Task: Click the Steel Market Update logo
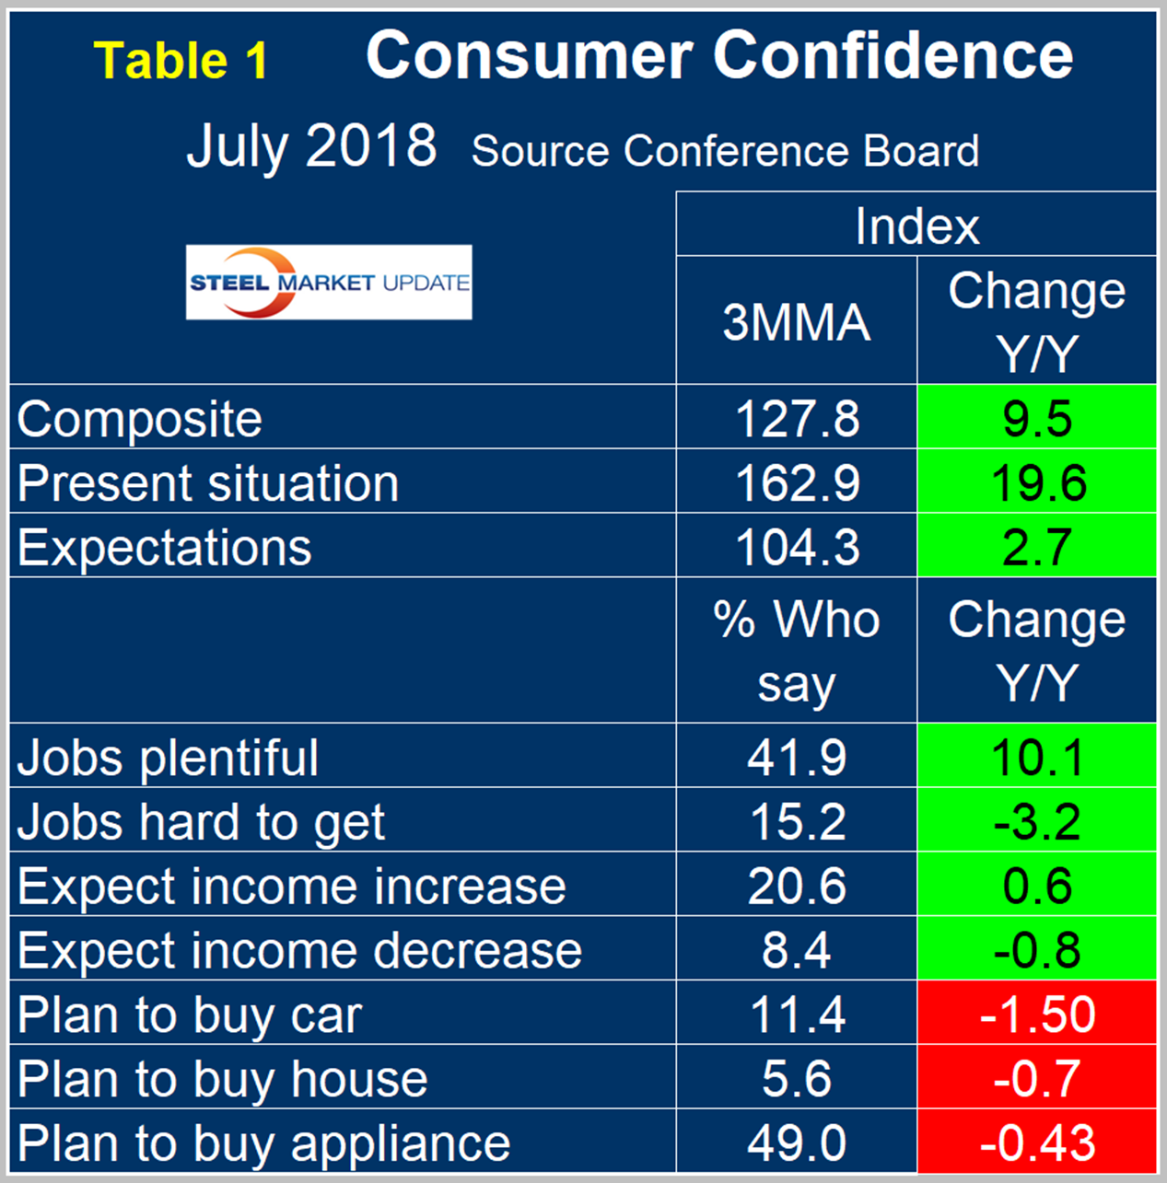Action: click(329, 283)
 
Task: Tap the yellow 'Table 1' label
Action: click(181, 61)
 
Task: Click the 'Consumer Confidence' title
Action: click(719, 55)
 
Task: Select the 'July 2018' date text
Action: click(311, 145)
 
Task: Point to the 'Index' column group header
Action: click(916, 226)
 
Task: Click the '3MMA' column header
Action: click(797, 321)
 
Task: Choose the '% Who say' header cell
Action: click(797, 651)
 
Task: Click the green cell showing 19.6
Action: click(1037, 482)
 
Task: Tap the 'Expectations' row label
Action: click(165, 547)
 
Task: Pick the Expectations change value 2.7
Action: click(1037, 547)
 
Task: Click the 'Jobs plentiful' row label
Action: click(168, 758)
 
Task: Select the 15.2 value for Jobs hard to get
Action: click(797, 821)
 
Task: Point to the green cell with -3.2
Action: click(1037, 821)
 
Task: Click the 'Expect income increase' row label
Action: click(291, 886)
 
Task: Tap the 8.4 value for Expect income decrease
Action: click(797, 950)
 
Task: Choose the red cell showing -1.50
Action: click(1037, 1015)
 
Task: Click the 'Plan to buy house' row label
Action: click(222, 1079)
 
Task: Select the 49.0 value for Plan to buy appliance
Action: click(797, 1143)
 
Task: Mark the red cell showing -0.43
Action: click(1037, 1143)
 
